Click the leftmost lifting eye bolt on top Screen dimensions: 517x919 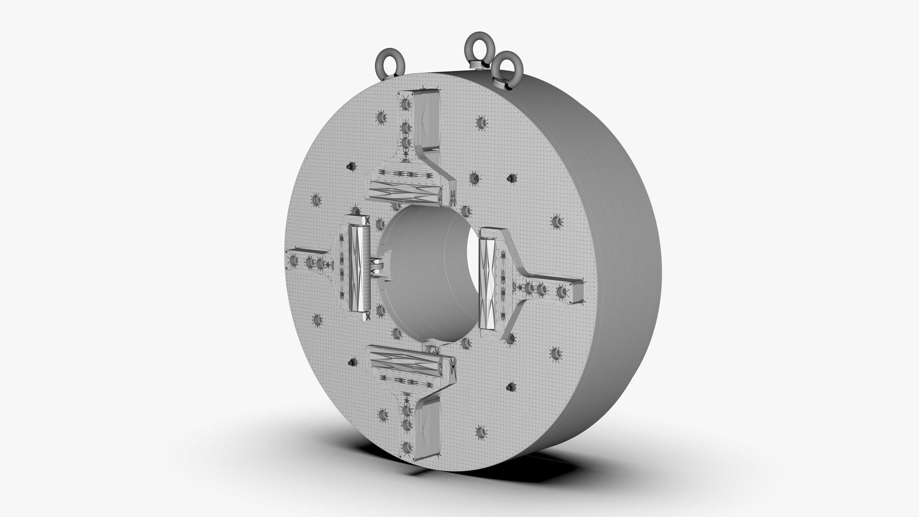(x=388, y=62)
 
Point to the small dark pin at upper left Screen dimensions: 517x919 (x=352, y=166)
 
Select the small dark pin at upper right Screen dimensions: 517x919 (x=511, y=178)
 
